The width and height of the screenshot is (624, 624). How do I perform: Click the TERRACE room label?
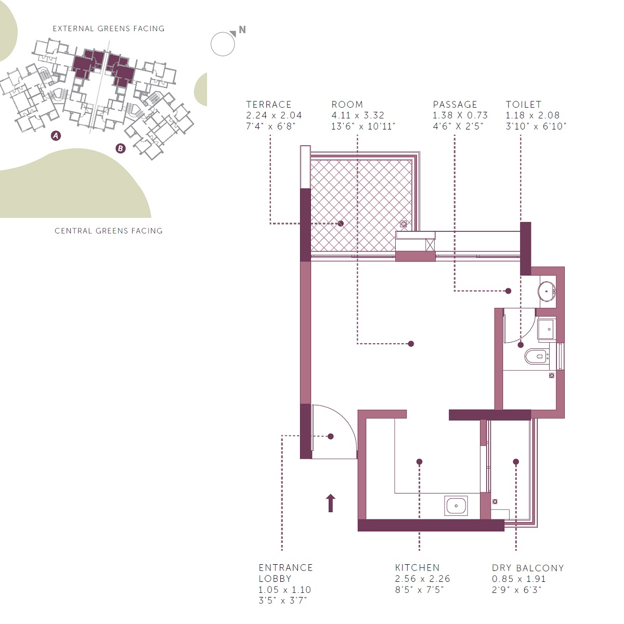pos(268,105)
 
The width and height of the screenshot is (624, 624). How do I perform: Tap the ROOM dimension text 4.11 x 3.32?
pos(357,115)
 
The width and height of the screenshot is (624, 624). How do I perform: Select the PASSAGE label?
pos(454,105)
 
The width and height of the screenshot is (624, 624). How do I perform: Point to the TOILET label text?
pos(523,105)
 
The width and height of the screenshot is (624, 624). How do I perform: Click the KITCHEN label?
pos(417,567)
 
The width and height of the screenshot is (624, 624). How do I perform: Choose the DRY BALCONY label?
pos(528,568)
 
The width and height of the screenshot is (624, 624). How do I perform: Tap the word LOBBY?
pos(275,578)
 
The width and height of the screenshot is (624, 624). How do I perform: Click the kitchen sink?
pos(456,505)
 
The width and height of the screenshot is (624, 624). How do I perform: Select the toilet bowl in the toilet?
pos(536,356)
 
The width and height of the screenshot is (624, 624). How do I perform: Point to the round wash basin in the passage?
pos(547,291)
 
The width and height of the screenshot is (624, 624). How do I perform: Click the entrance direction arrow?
pos(330,503)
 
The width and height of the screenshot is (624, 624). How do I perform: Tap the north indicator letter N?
pos(242,30)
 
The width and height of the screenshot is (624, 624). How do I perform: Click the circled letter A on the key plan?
pos(56,135)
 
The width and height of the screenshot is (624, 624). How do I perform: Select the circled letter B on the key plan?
pos(121,148)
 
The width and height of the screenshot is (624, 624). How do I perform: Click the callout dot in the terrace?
pos(341,224)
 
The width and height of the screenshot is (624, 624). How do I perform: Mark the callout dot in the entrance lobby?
pos(331,436)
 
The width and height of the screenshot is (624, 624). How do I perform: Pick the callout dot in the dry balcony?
pos(516,462)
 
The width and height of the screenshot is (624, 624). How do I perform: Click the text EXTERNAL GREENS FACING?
pos(109,29)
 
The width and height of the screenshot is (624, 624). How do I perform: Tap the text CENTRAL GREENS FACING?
pos(109,231)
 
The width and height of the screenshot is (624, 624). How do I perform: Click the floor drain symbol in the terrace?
pos(404,224)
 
